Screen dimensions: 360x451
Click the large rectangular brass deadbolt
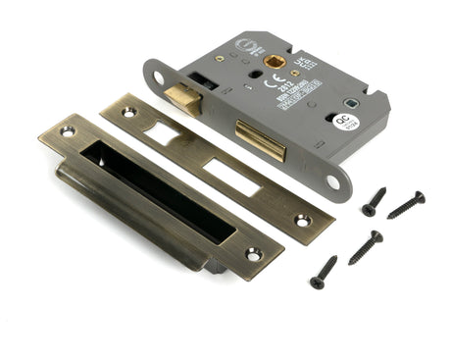click(261, 143)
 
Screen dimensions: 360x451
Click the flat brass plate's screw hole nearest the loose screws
click(303, 221)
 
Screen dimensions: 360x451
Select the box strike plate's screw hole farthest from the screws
click(68, 129)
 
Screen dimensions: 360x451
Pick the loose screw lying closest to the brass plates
click(324, 272)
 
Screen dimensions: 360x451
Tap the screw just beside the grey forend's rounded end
click(374, 200)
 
